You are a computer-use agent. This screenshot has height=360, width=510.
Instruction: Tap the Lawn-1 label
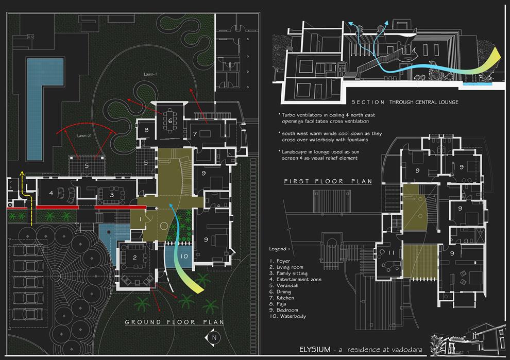click(x=150, y=74)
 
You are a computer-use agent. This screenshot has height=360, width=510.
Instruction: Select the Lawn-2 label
click(x=84, y=135)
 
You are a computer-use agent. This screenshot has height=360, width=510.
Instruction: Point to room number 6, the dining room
click(x=170, y=121)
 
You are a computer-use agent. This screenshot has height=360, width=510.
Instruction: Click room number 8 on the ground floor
click(x=146, y=130)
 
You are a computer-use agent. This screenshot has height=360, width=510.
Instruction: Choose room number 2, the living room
click(x=134, y=258)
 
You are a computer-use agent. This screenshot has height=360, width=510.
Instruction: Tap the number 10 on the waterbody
click(x=184, y=256)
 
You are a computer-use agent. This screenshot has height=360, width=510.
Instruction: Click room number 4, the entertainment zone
click(x=51, y=193)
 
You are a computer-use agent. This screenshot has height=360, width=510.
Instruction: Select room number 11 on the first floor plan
click(x=391, y=253)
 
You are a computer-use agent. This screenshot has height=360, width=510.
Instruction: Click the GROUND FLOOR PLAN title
click(x=174, y=322)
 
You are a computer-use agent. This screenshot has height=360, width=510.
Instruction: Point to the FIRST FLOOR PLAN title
click(x=328, y=181)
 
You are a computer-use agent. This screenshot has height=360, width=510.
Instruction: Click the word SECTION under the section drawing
click(x=368, y=102)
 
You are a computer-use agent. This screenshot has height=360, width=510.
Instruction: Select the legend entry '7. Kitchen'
click(x=282, y=298)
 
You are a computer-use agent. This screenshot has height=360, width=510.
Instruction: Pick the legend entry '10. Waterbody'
click(x=287, y=316)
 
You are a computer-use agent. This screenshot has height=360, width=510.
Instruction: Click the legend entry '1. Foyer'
click(x=280, y=261)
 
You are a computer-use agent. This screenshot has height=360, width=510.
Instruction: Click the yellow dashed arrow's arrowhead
click(x=22, y=173)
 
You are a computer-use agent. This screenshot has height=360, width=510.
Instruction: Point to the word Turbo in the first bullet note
click(x=288, y=115)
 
